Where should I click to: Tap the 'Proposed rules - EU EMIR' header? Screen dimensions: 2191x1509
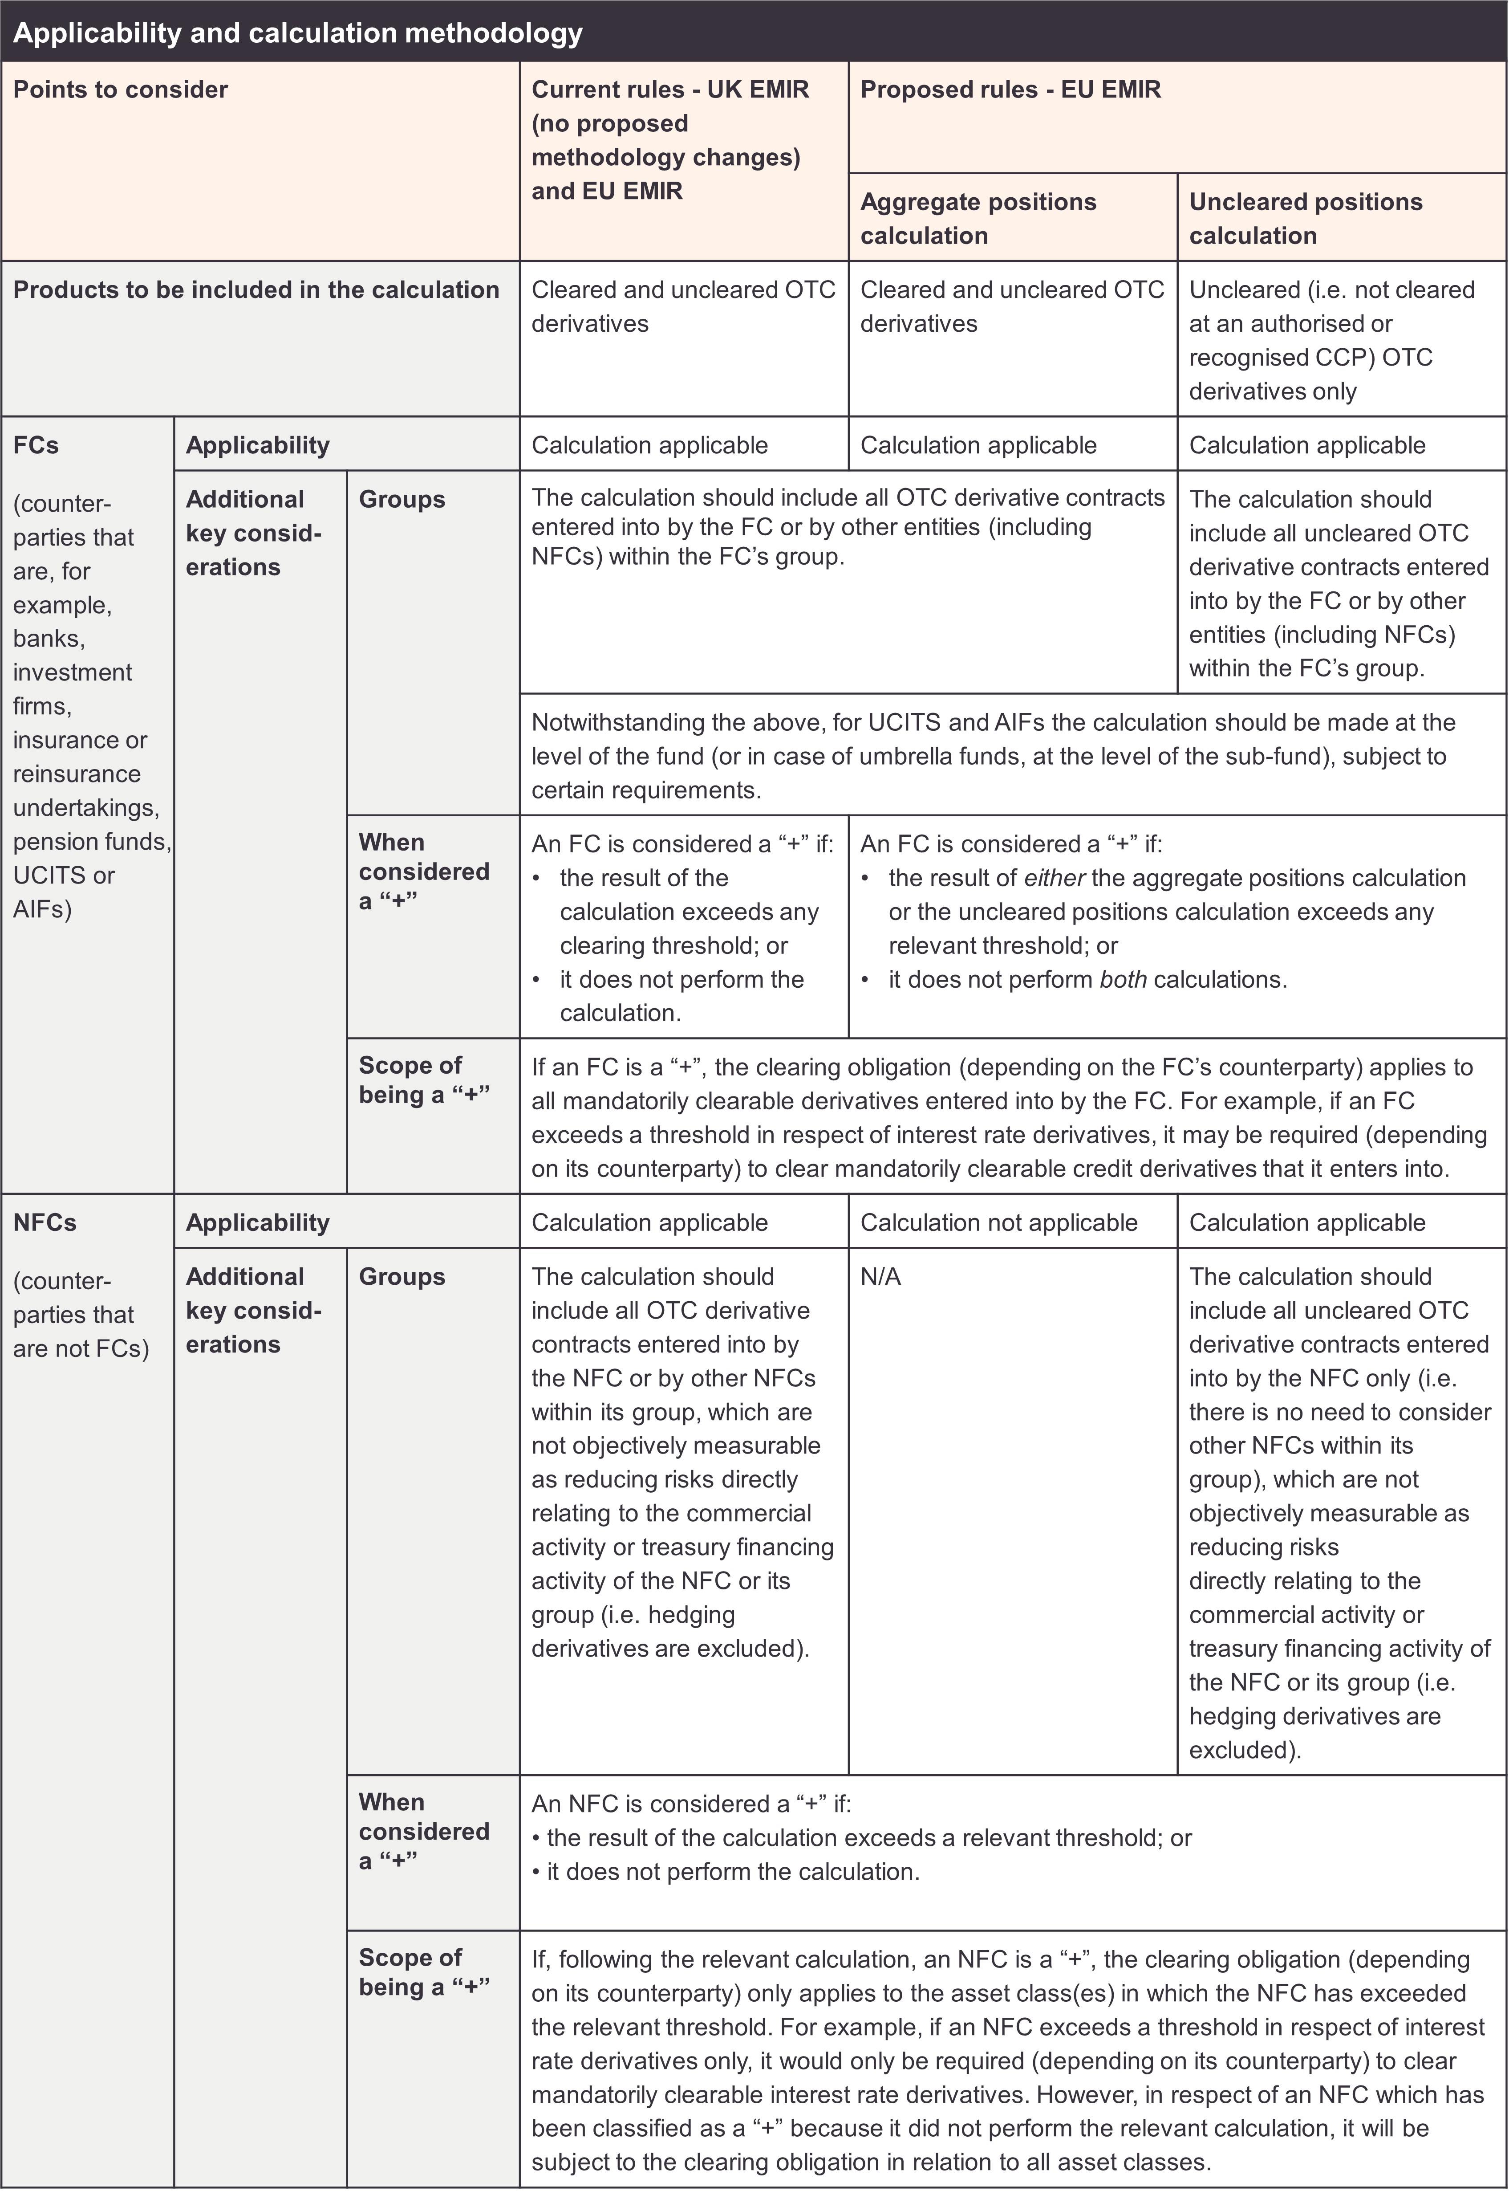coord(1010,90)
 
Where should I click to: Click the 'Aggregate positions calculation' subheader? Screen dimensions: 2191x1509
coord(978,219)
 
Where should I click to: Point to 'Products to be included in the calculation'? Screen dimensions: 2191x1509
coord(256,290)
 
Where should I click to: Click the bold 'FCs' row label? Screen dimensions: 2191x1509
coord(36,445)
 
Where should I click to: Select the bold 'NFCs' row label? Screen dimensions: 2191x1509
coord(45,1223)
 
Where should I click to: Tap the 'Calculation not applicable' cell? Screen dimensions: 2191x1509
coord(998,1223)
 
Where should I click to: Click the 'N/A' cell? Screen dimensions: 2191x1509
coord(880,1278)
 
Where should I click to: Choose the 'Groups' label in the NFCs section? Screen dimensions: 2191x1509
coord(402,1278)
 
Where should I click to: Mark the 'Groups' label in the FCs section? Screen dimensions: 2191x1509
coord(402,499)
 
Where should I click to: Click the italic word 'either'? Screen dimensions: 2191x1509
coord(1054,879)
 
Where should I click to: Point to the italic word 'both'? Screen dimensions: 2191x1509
coord(1122,980)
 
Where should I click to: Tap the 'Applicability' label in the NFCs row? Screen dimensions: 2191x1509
coord(257,1223)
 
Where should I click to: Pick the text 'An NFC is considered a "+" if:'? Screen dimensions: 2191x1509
coord(691,1804)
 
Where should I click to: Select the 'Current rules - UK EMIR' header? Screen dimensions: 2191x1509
coord(669,90)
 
